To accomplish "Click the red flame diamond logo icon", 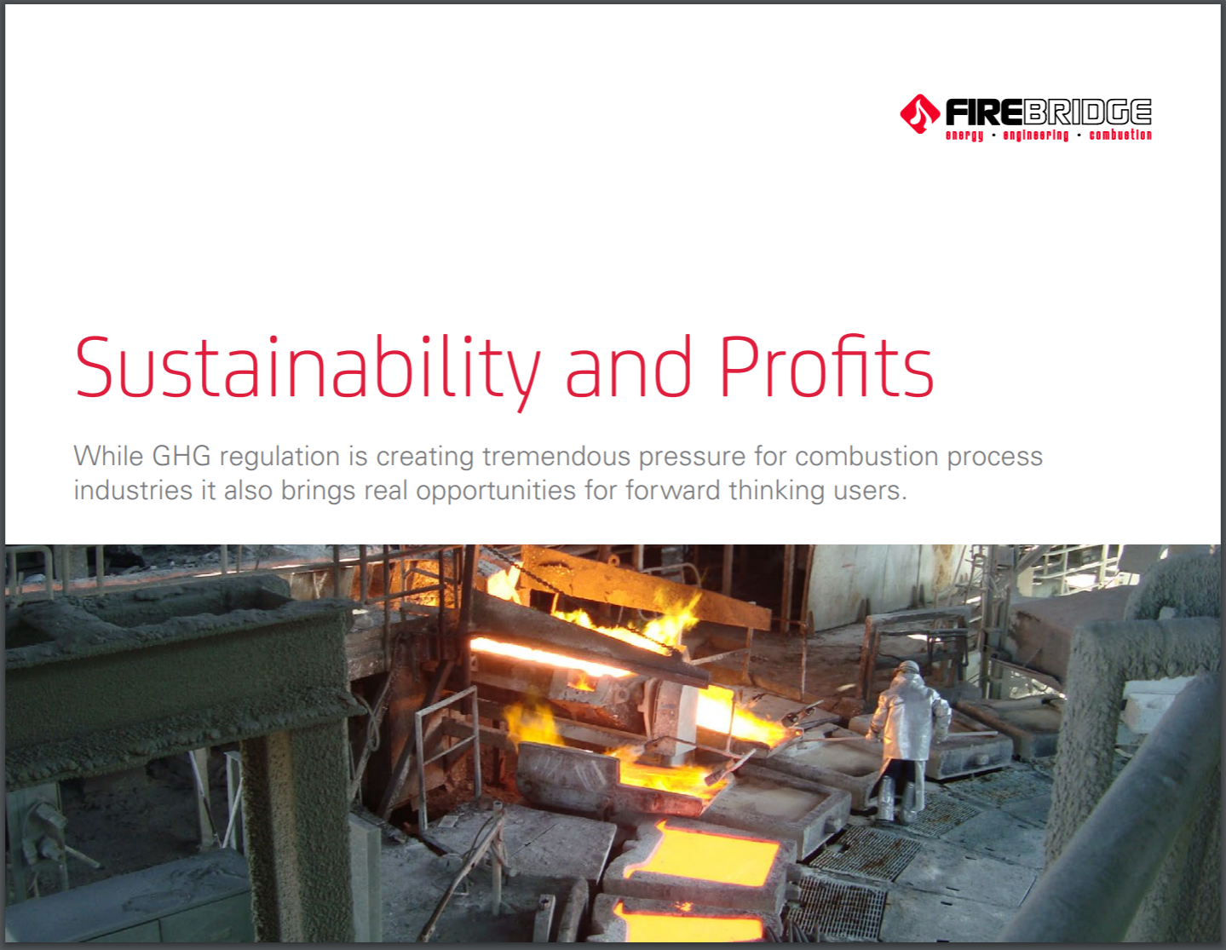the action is point(919,114).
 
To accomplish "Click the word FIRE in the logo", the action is point(983,112).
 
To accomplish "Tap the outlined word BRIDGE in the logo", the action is point(1087,112).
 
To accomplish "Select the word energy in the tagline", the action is point(964,135).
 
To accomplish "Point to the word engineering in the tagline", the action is point(1035,135).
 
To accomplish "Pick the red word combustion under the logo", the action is point(1120,135).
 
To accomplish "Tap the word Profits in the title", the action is point(826,366).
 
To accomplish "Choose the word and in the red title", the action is point(628,366).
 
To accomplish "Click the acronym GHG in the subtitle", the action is point(181,456).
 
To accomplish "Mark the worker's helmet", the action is point(908,669).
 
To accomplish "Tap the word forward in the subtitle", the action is point(672,490).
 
